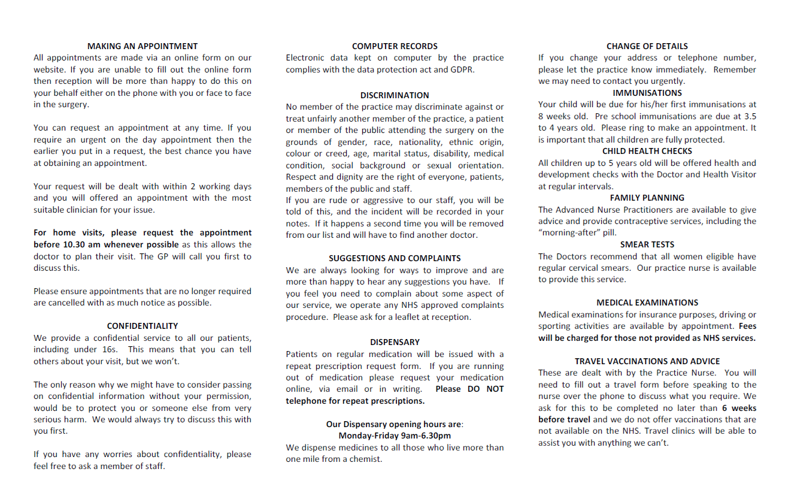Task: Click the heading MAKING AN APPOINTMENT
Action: tap(143, 46)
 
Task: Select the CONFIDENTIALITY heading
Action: tap(143, 326)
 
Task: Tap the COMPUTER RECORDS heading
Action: tap(395, 46)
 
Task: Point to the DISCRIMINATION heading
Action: tap(395, 95)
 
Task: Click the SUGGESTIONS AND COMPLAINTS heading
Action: tap(395, 258)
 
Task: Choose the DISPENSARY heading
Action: tap(395, 342)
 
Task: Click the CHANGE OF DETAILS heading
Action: tap(647, 46)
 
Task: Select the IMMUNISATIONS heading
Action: tap(647, 93)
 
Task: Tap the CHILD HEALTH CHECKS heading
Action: tap(647, 151)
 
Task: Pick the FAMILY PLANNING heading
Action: tap(647, 198)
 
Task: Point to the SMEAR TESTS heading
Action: tap(647, 244)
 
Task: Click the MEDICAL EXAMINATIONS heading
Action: tap(647, 303)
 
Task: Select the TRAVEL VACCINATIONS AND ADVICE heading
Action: tap(647, 361)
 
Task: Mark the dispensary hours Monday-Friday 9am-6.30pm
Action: tap(395, 436)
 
